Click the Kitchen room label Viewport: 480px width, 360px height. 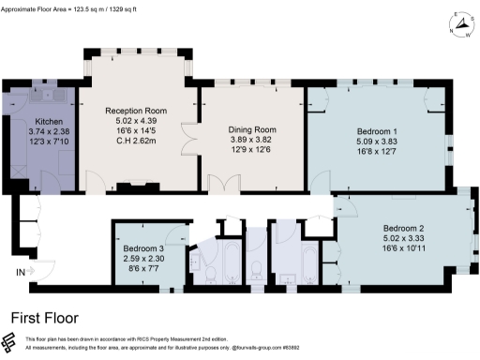(x=48, y=122)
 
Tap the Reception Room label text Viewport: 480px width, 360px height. (x=137, y=110)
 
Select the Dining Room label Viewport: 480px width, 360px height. (x=251, y=130)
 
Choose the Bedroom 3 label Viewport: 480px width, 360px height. (x=144, y=248)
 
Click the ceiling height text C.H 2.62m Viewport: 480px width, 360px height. (x=137, y=141)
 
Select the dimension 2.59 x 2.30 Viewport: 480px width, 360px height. (x=144, y=259)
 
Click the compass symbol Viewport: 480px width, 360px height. (x=458, y=25)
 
